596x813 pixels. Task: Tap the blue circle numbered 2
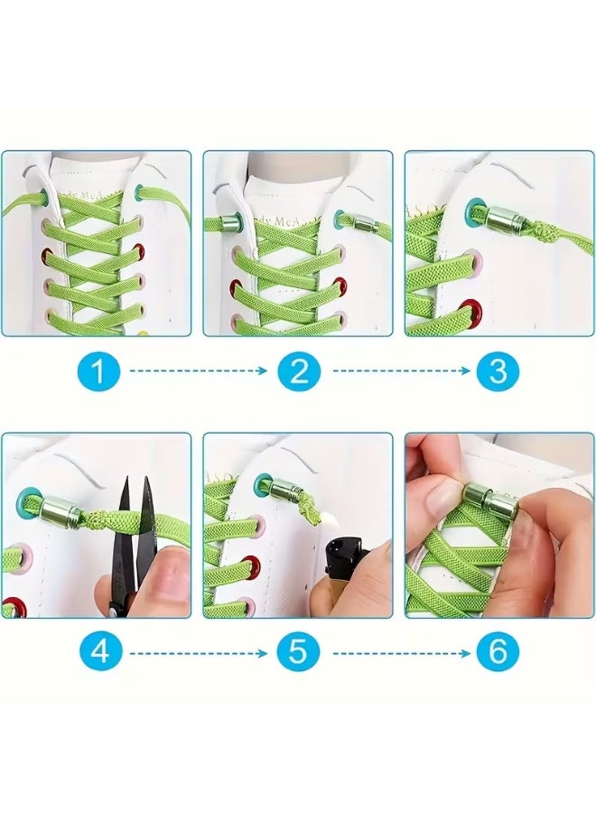(299, 370)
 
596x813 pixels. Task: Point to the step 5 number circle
(299, 650)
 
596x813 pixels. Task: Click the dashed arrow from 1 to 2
(199, 370)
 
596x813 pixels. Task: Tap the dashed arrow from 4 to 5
(199, 650)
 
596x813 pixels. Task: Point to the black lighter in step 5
(347, 565)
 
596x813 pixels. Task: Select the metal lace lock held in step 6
(489, 500)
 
